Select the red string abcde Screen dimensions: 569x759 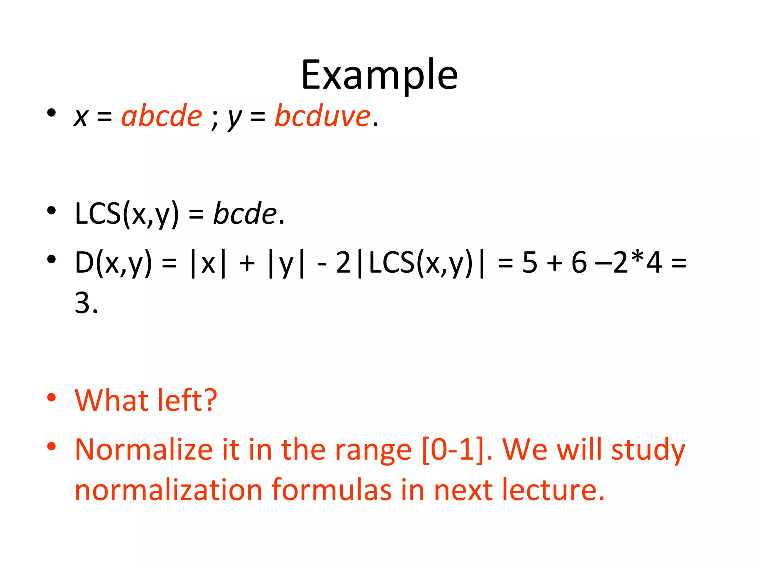click(x=162, y=116)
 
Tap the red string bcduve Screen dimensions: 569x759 click(x=322, y=116)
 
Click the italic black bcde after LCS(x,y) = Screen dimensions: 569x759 click(x=245, y=214)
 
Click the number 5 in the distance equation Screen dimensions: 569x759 click(x=530, y=263)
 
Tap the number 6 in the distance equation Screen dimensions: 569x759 click(x=579, y=263)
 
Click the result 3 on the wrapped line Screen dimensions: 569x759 click(x=82, y=303)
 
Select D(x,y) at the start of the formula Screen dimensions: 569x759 click(x=113, y=263)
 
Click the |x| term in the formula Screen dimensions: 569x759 click(x=208, y=263)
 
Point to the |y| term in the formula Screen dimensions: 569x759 click(x=286, y=263)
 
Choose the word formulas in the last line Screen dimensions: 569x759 click(x=331, y=490)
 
